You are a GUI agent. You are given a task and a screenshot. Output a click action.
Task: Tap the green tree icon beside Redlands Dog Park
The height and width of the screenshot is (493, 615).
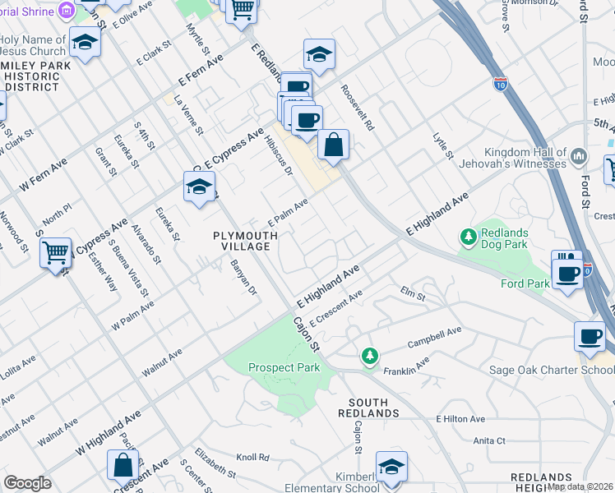click(x=469, y=237)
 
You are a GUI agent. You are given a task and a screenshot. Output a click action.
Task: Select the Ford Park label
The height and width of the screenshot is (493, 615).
click(x=524, y=284)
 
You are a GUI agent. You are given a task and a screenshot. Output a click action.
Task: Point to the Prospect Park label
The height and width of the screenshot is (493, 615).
click(x=284, y=367)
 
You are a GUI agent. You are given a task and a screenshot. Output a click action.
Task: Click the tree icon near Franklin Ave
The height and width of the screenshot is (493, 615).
click(x=370, y=355)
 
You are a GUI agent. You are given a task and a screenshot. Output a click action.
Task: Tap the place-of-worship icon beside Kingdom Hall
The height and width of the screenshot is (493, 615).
click(x=579, y=156)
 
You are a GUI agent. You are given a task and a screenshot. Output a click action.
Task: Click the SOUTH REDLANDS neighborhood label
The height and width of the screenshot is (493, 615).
click(x=368, y=407)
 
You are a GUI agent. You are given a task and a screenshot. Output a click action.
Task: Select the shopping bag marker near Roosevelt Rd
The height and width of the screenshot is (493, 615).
click(x=333, y=145)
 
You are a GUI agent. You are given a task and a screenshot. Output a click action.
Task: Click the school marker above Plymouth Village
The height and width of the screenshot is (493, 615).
click(x=198, y=188)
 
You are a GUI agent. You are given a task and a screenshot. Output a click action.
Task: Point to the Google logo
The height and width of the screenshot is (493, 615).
click(x=28, y=483)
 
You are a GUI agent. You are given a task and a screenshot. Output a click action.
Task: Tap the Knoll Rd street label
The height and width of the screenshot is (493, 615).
click(x=253, y=457)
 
